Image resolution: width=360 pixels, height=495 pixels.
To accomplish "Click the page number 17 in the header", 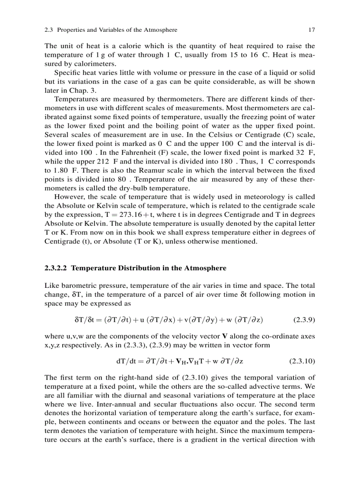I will [x=312, y=30].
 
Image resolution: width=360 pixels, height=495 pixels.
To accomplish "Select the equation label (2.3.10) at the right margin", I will [x=302, y=361].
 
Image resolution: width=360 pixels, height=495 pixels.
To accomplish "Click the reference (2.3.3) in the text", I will [x=105, y=345].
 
